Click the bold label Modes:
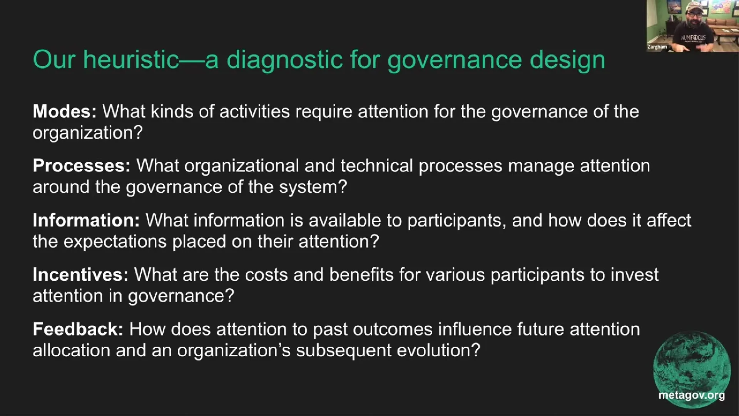coord(64,111)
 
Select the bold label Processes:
coord(82,166)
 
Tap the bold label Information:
coord(86,220)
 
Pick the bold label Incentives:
coord(80,275)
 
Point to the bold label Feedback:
coord(78,329)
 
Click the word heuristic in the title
coord(131,60)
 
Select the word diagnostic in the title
coord(285,60)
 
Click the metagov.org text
coord(691,395)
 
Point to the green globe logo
coord(692,366)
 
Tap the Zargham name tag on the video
coord(657,47)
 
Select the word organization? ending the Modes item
coord(87,133)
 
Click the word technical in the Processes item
coord(376,166)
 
